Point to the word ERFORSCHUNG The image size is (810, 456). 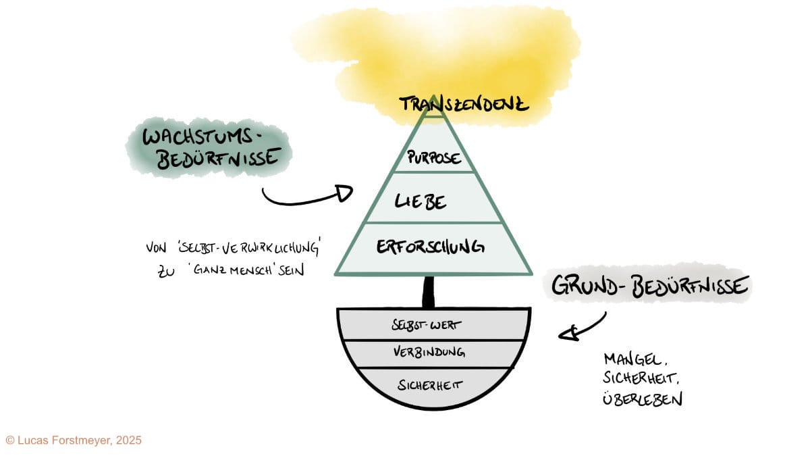430,247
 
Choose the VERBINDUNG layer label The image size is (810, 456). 429,353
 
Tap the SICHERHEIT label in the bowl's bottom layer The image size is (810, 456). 429,386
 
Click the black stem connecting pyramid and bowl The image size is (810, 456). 428,292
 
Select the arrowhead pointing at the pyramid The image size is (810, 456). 344,194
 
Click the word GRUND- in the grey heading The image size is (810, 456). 587,286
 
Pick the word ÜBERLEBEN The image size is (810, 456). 642,399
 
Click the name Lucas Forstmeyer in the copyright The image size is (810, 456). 63,440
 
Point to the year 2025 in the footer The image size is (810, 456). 128,440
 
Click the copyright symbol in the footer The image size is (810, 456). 9,440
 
